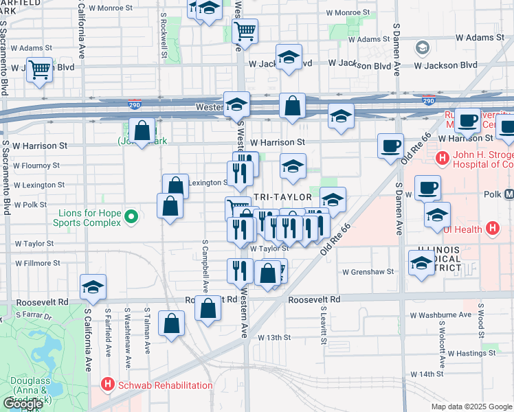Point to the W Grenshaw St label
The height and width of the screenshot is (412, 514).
click(x=368, y=271)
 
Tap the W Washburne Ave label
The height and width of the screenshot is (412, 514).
click(x=440, y=315)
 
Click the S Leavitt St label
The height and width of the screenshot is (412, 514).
click(x=322, y=327)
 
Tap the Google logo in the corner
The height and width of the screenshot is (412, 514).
click(x=23, y=404)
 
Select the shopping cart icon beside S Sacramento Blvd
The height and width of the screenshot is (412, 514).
click(x=39, y=69)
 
